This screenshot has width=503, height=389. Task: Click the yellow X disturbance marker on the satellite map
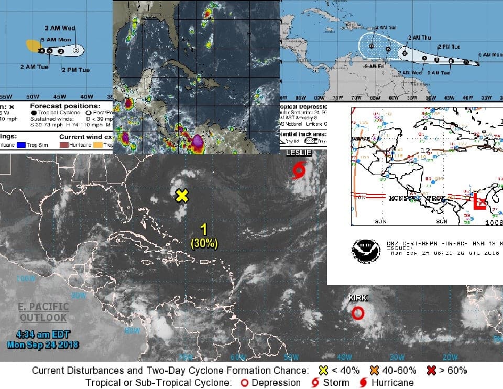pos(181,196)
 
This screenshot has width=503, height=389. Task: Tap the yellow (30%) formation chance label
pos(204,243)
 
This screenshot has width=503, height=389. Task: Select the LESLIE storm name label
pos(299,153)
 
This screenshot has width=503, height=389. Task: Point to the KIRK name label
pos(358,298)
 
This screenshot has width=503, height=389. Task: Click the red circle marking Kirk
pos(358,313)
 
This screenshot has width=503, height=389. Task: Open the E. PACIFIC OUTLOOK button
pos(43,312)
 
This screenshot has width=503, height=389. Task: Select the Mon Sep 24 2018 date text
pos(43,344)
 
